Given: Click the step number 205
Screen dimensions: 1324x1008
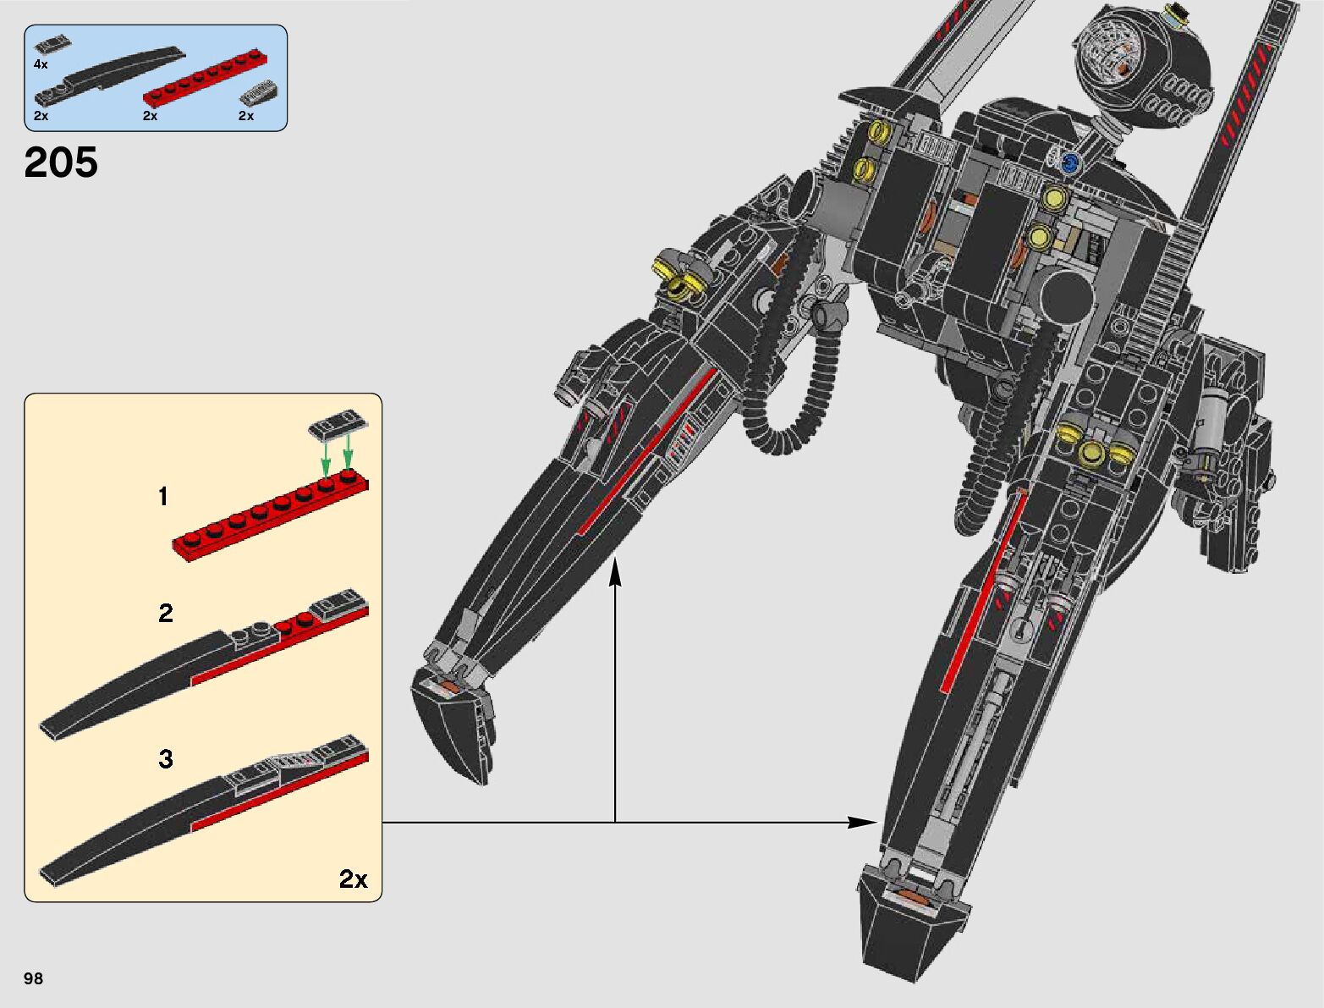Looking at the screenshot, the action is click(61, 162).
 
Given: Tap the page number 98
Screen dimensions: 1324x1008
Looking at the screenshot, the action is click(33, 978).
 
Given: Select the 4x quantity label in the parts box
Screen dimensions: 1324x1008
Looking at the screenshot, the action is click(41, 64).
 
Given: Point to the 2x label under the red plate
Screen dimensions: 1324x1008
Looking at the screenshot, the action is click(150, 116).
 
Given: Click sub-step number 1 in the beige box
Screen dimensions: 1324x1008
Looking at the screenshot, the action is click(163, 497).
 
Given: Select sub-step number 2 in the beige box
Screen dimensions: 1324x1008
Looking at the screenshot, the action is click(165, 613).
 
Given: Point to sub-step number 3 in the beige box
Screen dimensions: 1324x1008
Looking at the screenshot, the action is click(166, 758).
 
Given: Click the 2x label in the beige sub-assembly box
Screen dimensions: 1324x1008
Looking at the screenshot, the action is click(353, 879).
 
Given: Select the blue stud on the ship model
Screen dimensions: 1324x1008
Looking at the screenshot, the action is click(1070, 162).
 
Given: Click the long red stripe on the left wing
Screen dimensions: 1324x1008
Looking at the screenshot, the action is click(647, 452).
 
